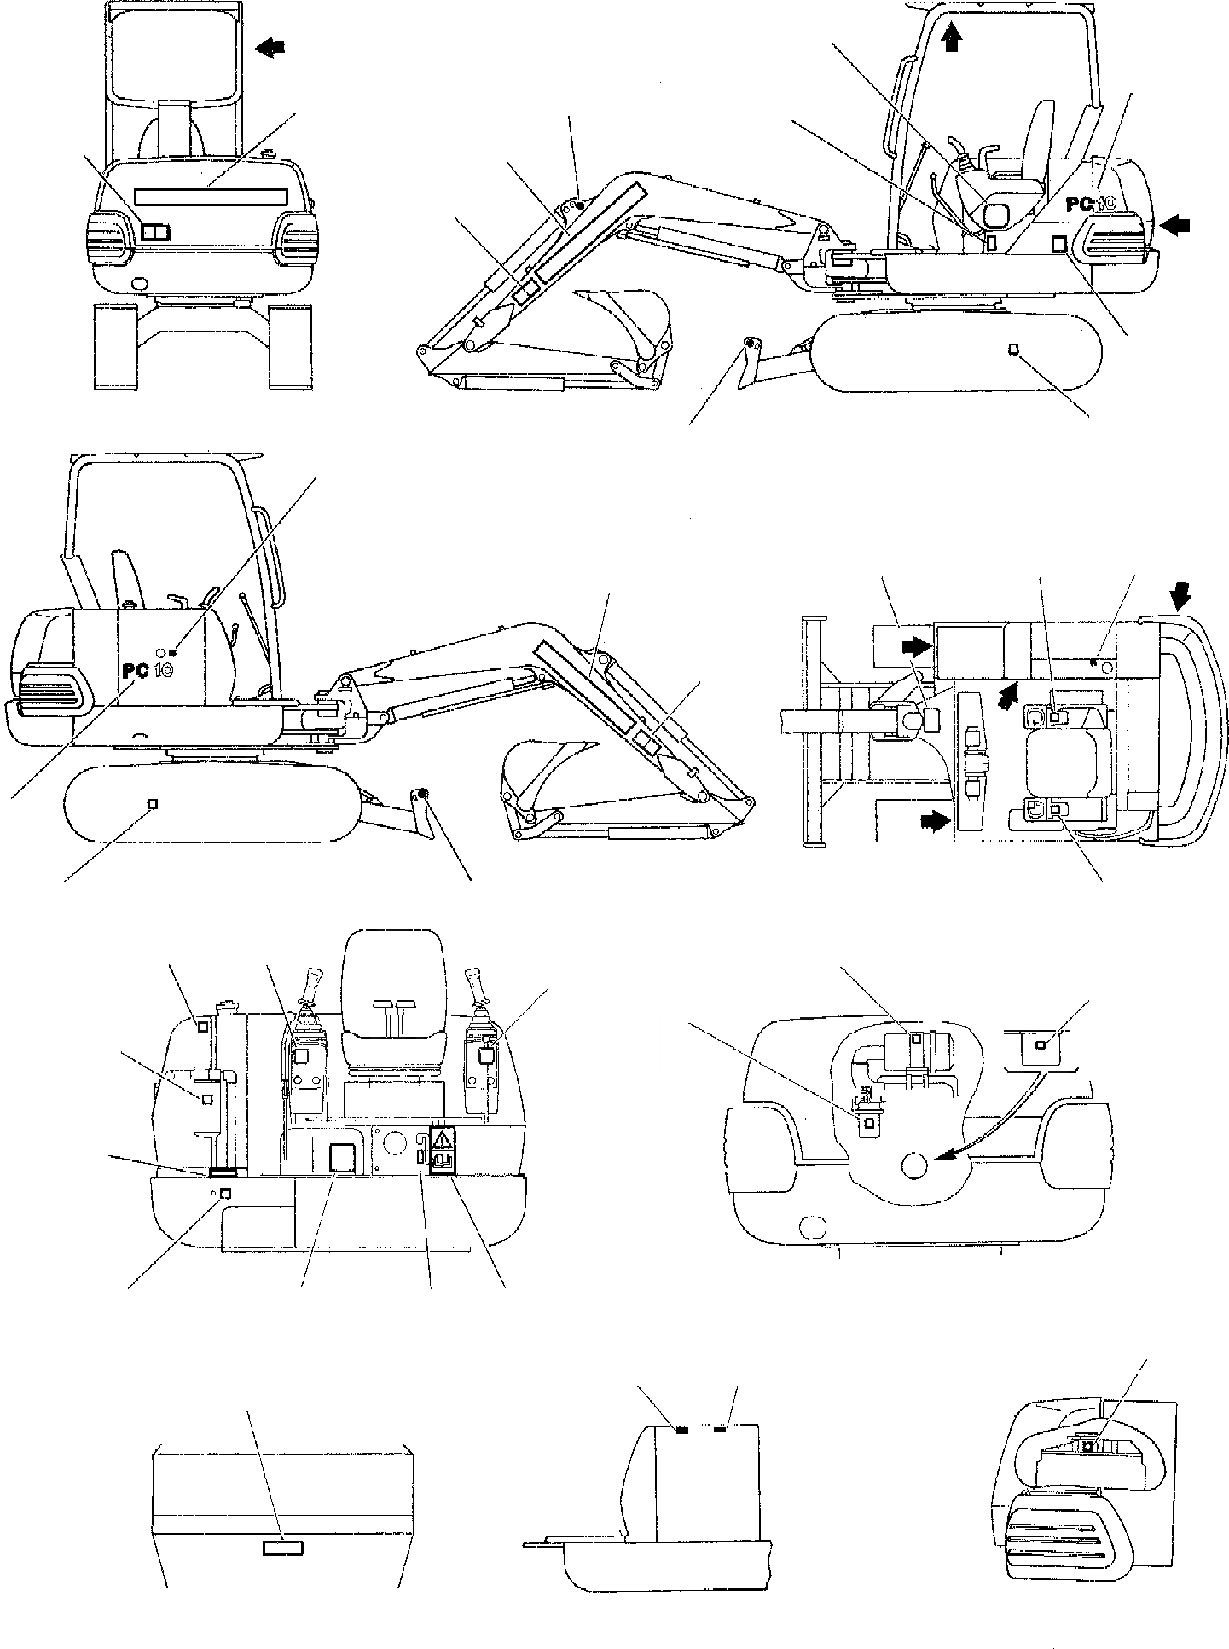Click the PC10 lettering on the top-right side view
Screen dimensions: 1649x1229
[x=1097, y=204]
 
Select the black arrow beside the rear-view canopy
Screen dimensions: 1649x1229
[x=271, y=49]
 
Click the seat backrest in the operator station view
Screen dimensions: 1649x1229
[x=393, y=972]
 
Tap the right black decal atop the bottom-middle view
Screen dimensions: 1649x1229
[x=721, y=1428]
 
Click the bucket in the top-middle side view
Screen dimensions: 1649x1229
[x=627, y=324]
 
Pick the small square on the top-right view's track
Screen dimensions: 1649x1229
[x=1013, y=349]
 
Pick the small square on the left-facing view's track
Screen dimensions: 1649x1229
[x=153, y=803]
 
